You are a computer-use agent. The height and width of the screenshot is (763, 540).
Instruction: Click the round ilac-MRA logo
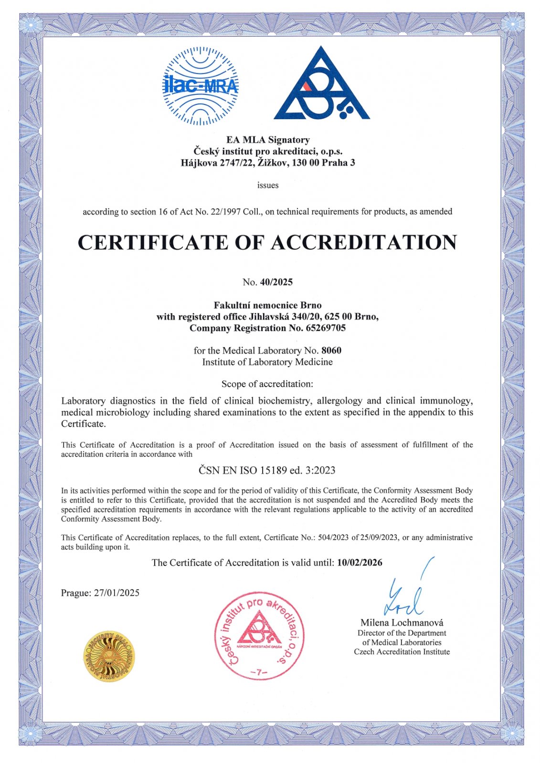[x=200, y=86]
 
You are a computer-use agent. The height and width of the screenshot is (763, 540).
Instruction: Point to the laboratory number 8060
[x=331, y=351]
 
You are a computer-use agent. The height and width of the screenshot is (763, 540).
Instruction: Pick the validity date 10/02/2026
[x=360, y=563]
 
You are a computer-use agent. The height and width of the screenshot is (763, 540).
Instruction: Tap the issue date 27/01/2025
[x=116, y=593]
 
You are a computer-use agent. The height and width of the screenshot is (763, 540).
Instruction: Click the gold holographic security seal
[x=108, y=656]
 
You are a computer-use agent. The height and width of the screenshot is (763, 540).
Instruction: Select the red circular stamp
[x=259, y=635]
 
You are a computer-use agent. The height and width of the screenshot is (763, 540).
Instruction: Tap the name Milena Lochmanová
[x=402, y=622]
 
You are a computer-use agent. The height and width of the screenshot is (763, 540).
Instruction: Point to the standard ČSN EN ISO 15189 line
[x=267, y=470]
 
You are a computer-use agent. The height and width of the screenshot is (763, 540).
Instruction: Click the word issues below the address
[x=268, y=185]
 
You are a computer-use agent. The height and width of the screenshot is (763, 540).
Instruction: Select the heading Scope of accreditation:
[x=267, y=384]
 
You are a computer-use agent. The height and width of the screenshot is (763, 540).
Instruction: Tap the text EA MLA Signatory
[x=268, y=140]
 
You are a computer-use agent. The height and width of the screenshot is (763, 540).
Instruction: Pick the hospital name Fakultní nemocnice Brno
[x=267, y=305]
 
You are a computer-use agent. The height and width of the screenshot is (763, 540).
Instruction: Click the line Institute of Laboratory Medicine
[x=267, y=362]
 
